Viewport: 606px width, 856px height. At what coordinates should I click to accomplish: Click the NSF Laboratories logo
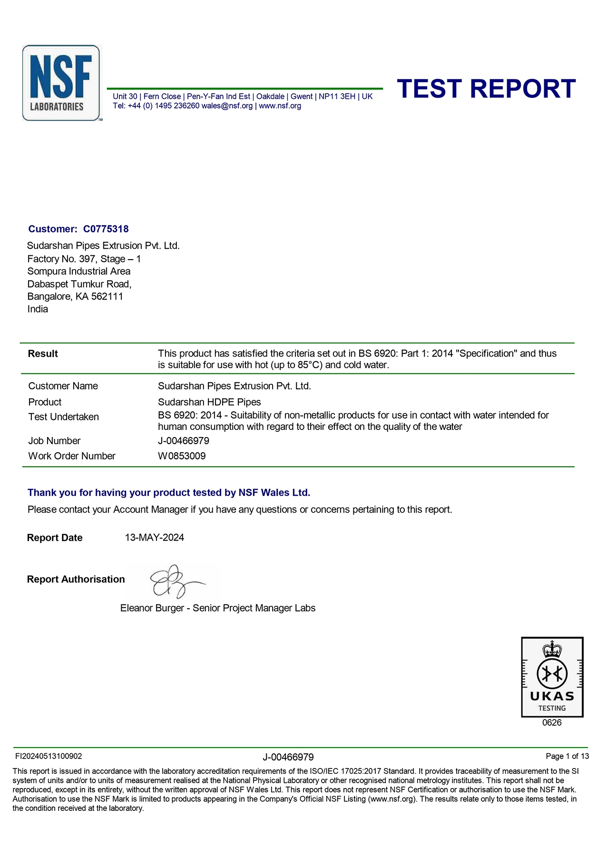click(61, 83)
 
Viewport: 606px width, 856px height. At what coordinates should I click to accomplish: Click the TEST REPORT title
click(486, 89)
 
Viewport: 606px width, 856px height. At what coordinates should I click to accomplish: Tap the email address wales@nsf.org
click(227, 106)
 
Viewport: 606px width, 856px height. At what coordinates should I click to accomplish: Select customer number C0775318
click(106, 229)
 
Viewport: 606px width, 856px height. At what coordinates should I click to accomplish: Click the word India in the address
click(38, 309)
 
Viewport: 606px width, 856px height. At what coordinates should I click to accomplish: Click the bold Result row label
click(43, 353)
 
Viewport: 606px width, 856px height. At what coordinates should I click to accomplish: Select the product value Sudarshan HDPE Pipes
click(209, 402)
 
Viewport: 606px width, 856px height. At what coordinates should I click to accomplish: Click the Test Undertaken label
click(63, 417)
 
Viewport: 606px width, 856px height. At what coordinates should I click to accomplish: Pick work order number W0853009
click(182, 456)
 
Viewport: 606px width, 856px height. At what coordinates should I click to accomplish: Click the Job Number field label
click(54, 440)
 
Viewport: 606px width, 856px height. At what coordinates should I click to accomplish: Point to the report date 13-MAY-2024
click(154, 537)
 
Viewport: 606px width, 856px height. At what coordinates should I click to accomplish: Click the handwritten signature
click(174, 582)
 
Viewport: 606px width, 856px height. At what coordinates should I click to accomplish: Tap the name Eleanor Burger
click(152, 608)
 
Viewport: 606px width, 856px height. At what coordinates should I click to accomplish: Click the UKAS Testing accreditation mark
click(552, 677)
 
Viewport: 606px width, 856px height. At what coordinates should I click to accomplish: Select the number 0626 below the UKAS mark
click(552, 722)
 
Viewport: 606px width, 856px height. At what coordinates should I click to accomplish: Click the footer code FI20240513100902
click(49, 756)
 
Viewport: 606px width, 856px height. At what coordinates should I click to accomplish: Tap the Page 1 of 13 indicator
click(567, 756)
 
